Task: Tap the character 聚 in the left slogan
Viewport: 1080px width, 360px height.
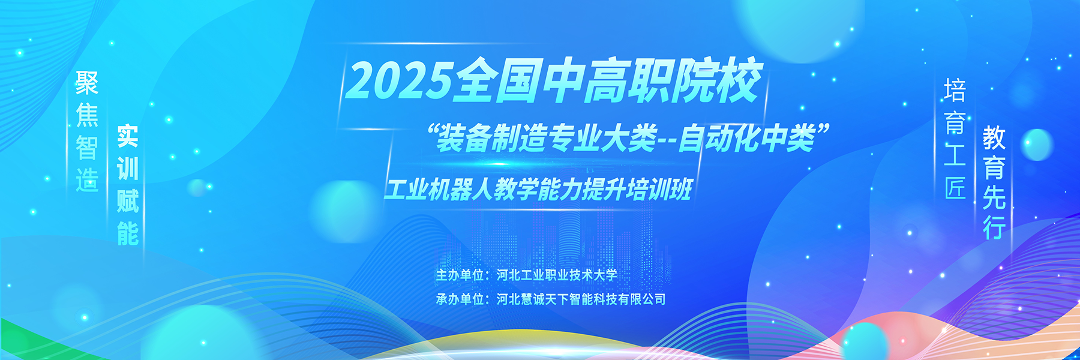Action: click(x=87, y=83)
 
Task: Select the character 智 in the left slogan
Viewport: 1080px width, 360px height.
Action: click(x=87, y=148)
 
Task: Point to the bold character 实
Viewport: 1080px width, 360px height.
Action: click(x=127, y=136)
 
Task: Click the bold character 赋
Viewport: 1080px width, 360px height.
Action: click(x=127, y=201)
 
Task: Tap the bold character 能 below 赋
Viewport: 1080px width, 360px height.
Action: click(x=127, y=233)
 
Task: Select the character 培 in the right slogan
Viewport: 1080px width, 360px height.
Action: click(x=955, y=90)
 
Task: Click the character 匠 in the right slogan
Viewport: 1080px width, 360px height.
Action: click(x=955, y=188)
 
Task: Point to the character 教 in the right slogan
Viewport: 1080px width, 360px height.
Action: click(x=994, y=138)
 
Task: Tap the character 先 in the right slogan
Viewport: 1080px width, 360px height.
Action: click(x=994, y=197)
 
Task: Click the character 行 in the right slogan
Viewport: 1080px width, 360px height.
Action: click(x=994, y=227)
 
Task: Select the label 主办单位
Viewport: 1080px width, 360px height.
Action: click(x=460, y=275)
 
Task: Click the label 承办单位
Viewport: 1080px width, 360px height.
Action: click(x=460, y=299)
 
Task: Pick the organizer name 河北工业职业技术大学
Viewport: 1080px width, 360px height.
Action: click(x=557, y=275)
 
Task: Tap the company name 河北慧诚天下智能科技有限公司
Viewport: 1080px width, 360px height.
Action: click(x=581, y=299)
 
